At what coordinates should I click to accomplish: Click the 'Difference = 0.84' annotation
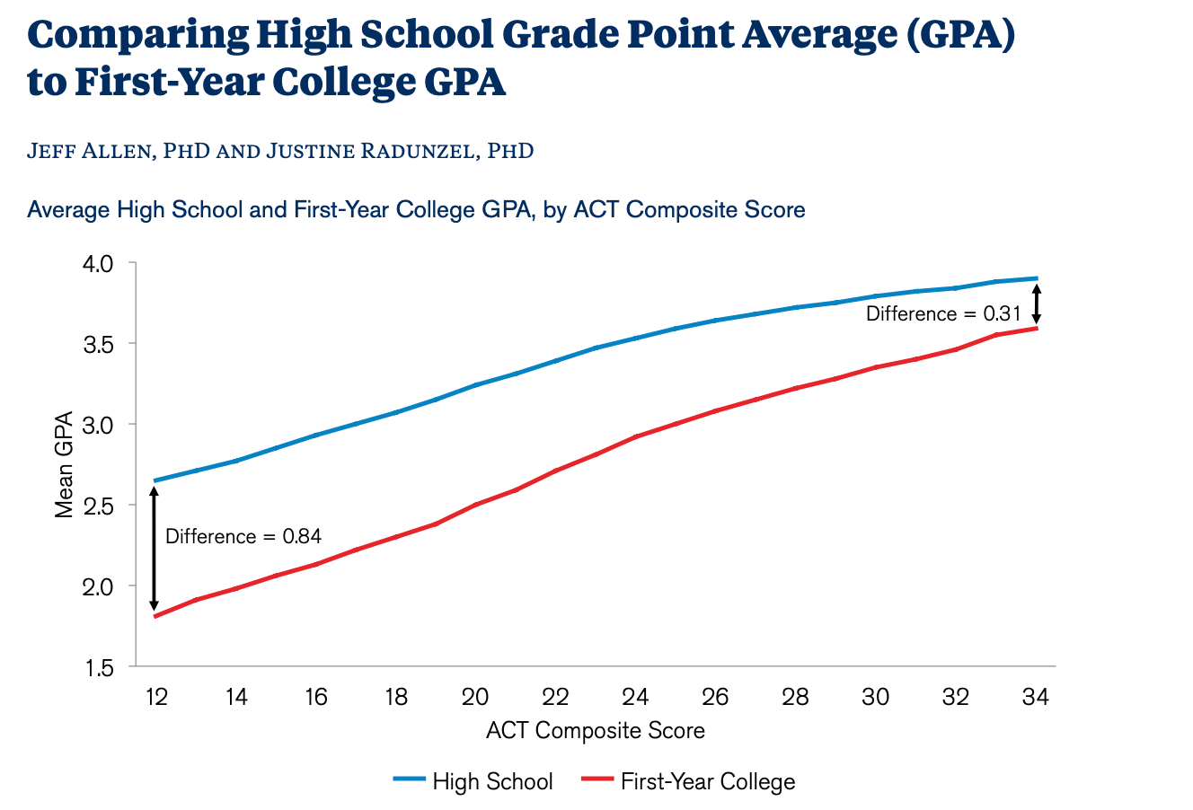point(243,536)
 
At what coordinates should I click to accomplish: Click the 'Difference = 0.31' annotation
point(943,313)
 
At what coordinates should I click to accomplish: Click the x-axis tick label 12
point(156,698)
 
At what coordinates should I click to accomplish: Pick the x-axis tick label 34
point(1036,698)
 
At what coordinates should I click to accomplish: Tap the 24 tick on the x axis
point(636,698)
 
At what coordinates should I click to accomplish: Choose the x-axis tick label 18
point(396,698)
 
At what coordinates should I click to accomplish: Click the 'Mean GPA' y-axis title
point(65,465)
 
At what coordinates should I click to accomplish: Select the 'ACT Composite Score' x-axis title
point(596,730)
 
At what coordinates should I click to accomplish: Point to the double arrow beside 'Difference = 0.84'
point(154,548)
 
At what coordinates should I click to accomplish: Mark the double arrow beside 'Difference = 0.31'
point(1036,304)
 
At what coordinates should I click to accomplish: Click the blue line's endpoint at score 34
point(1037,278)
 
